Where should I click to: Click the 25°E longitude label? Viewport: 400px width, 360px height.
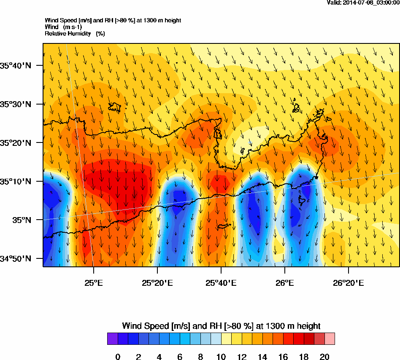click(94, 283)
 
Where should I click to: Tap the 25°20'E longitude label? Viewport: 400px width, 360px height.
click(157, 283)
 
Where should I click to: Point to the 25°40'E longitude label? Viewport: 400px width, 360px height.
click(221, 283)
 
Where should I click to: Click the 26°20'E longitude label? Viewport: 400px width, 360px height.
click(349, 283)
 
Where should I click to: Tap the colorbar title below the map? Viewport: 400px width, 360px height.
click(221, 326)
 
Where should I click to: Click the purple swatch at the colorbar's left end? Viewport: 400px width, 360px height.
click(112, 339)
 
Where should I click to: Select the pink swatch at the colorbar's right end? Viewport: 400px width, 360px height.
click(330, 339)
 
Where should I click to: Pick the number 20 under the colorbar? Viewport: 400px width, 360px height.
click(324, 357)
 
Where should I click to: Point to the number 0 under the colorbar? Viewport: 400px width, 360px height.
click(118, 357)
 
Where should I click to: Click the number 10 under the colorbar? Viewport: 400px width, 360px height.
click(221, 357)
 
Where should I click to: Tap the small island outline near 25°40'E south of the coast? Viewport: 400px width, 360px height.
click(224, 226)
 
